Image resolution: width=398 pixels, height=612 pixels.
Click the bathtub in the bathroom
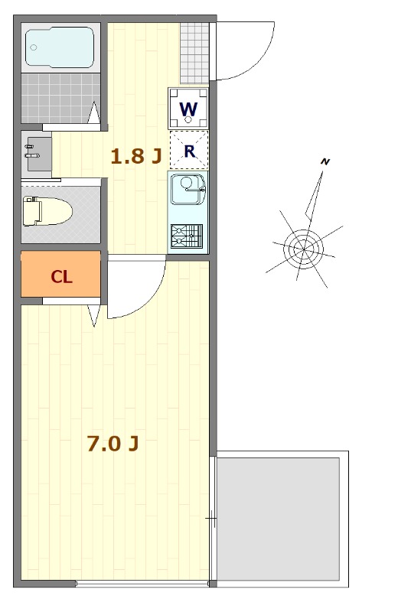[x=60, y=47]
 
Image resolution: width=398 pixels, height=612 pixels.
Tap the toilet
[x=47, y=211]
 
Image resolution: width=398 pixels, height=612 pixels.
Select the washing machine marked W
[x=188, y=108]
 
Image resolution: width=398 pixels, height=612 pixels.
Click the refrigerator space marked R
[x=189, y=150]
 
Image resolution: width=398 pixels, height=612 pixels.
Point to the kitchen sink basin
[x=188, y=189]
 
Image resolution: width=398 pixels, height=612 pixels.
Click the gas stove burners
[x=187, y=236]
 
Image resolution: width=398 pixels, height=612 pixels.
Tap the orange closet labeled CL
[x=60, y=274]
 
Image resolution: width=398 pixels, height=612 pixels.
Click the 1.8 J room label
[x=136, y=156]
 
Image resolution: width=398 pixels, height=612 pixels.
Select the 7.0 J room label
[x=113, y=444]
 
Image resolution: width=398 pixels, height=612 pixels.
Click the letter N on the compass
[x=325, y=161]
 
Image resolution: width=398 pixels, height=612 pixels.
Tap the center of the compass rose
[x=304, y=248]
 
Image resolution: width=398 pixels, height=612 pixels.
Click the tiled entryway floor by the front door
[x=194, y=53]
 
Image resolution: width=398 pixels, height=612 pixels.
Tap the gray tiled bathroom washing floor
[x=60, y=99]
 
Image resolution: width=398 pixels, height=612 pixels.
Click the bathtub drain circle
[x=34, y=47]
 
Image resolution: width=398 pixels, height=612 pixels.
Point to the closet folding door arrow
[x=93, y=315]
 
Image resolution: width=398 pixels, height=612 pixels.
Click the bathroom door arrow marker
[x=93, y=112]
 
